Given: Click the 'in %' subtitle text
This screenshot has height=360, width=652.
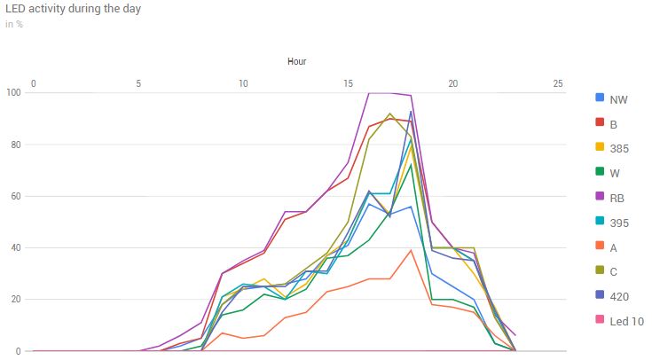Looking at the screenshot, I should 13,24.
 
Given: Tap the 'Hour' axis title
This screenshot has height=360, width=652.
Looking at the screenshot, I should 296,61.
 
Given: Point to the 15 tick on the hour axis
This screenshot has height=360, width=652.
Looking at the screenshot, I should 349,83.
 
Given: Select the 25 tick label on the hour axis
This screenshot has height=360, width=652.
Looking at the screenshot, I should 558,83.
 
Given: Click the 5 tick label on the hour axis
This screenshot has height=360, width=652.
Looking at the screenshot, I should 138,83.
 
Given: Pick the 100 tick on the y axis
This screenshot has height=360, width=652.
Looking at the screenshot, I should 13,93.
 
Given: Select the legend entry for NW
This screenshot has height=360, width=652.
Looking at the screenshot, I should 618,99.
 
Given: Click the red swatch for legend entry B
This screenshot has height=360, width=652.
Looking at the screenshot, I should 600,124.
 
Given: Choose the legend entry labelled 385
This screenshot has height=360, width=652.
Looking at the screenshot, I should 619,149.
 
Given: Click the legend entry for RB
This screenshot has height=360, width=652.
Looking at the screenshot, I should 617,199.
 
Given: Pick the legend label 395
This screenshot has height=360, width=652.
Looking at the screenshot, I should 619,223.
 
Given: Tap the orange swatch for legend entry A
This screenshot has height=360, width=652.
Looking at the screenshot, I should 600,248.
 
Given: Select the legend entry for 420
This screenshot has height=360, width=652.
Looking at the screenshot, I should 619,298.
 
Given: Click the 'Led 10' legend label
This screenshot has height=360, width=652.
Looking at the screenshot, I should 627,323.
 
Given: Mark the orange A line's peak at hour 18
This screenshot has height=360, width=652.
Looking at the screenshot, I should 411,250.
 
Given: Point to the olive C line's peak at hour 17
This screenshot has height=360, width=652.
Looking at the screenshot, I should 390,113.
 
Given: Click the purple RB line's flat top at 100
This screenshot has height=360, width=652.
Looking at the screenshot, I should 380,92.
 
